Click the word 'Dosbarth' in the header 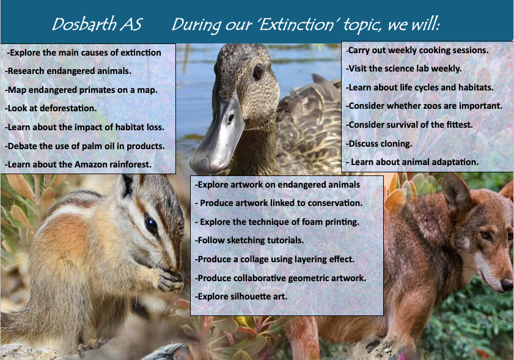click(84, 24)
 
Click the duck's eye click(258, 71)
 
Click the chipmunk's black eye click(152, 226)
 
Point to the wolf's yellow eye click(485, 235)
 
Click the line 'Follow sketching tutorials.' click(249, 240)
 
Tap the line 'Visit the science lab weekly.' click(404, 68)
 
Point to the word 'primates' click(91, 90)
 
